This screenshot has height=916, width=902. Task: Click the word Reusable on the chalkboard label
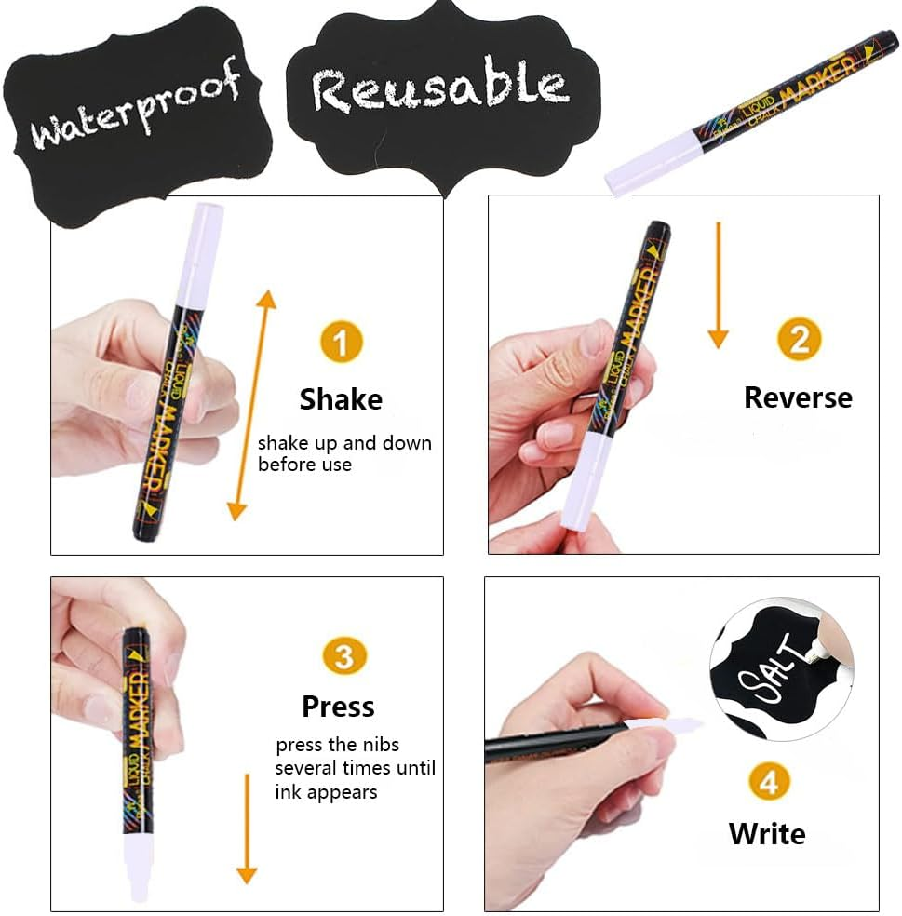[x=439, y=88]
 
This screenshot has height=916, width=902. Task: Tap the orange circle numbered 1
[x=341, y=343]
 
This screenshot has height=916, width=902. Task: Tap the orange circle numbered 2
[x=800, y=340]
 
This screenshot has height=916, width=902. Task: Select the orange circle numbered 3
[x=343, y=658]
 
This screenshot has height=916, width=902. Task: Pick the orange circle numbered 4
[x=768, y=783]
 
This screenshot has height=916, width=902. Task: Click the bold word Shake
[x=341, y=399]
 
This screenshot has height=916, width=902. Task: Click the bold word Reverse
[x=798, y=397]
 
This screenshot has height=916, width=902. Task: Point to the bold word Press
[x=338, y=707]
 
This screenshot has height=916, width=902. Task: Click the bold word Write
[x=767, y=833]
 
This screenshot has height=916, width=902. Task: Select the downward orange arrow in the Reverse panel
[x=717, y=285]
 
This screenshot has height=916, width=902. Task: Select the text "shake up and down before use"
[x=344, y=453]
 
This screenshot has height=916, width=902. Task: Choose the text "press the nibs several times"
[x=355, y=756]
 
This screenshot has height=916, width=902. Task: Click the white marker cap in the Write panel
[x=666, y=726]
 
